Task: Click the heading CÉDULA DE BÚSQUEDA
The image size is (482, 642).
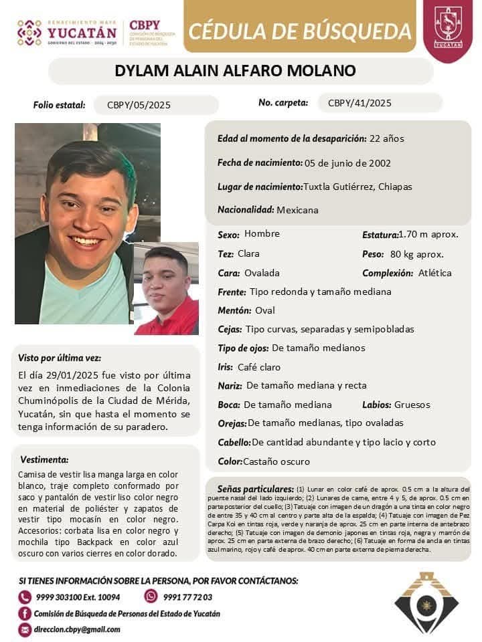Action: click(300, 31)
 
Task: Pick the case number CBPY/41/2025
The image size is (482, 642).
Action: click(359, 103)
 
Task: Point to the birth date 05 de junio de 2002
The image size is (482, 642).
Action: click(348, 163)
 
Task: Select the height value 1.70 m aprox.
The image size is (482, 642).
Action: click(428, 234)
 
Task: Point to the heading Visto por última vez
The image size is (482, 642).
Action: click(60, 358)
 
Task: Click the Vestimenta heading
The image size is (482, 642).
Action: click(44, 459)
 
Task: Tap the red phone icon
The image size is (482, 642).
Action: click(25, 597)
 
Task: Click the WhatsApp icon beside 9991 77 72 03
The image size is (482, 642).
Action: click(151, 597)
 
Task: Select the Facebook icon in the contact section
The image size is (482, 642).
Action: click(25, 613)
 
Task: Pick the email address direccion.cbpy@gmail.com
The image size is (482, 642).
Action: click(78, 629)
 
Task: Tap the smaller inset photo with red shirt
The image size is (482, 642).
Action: click(167, 288)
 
